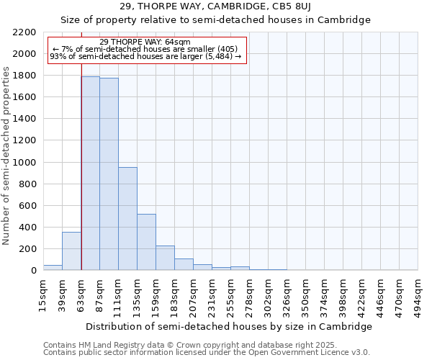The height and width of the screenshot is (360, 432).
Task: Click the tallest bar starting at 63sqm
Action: pyautogui.click(x=90, y=173)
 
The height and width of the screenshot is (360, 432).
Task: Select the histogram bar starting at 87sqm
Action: pyautogui.click(x=109, y=174)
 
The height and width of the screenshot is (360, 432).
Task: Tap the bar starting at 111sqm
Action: pyautogui.click(x=127, y=218)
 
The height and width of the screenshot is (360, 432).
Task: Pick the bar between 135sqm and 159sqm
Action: pyautogui.click(x=146, y=242)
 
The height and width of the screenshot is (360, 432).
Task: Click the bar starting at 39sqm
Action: pyautogui.click(x=71, y=251)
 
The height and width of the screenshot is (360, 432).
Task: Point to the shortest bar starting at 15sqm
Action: pyautogui.click(x=53, y=267)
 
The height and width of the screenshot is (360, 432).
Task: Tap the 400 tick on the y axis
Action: pyautogui.click(x=29, y=228)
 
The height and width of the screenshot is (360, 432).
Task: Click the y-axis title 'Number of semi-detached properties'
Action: pyautogui.click(x=7, y=155)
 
